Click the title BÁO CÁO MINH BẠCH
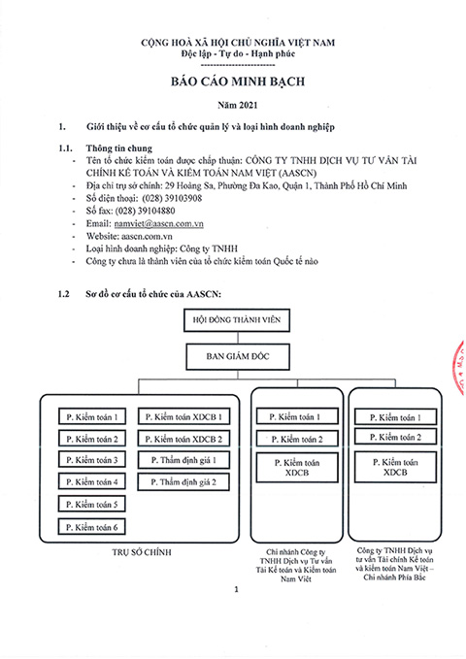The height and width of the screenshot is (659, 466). pos(238,82)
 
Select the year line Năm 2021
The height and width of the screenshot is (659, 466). pos(238,105)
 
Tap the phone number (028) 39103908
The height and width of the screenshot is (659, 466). pos(172,198)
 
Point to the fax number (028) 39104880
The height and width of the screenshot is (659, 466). pos(145,211)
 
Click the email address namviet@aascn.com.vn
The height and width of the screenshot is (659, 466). pos(158,223)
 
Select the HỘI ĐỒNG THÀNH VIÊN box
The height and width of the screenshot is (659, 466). pos(237,320)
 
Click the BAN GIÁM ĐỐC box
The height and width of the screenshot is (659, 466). pos(238,357)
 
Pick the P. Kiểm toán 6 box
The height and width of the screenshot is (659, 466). pos(91,527)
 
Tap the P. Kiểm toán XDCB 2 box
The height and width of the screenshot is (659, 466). pos(183,440)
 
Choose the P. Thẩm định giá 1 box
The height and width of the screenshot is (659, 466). pos(183,460)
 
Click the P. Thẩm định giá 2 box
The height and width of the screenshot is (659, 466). pos(183,482)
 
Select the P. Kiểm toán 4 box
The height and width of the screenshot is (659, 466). pos(91,481)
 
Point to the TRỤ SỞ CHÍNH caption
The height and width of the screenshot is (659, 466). pos(142,552)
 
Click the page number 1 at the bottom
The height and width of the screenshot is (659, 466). pos(236,590)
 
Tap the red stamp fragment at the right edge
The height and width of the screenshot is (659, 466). pos(460,368)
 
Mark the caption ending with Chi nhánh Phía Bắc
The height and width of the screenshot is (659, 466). pos(394,564)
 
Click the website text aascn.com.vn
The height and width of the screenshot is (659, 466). pos(147,236)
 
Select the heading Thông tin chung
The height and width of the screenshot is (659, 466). pos(119,148)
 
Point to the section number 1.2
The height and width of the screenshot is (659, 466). pos(63,294)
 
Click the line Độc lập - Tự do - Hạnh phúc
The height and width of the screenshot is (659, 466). pos(238,53)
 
